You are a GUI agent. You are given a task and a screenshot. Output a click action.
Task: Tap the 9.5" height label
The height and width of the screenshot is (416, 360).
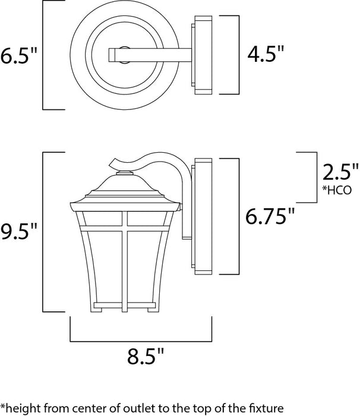pos(19,231)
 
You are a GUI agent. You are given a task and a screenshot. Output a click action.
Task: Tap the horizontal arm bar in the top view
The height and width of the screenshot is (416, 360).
pos(149,55)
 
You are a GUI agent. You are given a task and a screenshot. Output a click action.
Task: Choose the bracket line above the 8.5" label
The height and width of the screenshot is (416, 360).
pos(141,341)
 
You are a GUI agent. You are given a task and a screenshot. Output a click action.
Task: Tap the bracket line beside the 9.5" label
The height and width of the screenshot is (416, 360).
pos(43,232)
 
